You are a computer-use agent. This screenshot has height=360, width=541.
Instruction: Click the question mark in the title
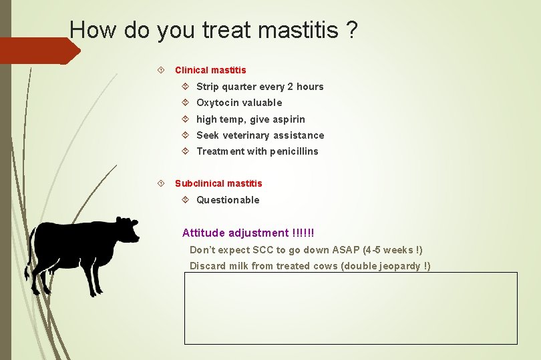pos(351,29)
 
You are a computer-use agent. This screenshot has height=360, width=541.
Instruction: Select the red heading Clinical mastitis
pos(210,70)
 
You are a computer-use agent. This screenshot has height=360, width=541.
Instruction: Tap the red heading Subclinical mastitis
pos(218,183)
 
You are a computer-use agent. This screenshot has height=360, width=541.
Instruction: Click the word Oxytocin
pos(218,103)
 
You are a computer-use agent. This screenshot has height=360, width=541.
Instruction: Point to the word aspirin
pos(289,119)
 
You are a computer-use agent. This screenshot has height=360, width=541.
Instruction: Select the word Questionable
pos(228,200)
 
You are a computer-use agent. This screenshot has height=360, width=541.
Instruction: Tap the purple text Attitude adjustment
pos(235,233)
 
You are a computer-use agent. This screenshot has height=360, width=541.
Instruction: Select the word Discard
pos(207,266)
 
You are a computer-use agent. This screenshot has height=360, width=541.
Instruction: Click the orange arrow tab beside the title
pos(40,51)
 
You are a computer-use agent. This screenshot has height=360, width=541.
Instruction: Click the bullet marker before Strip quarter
pos(186,87)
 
